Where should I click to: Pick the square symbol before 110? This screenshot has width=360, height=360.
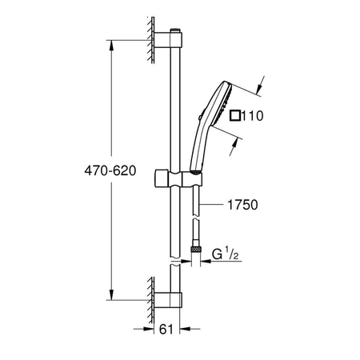point(234,115)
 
